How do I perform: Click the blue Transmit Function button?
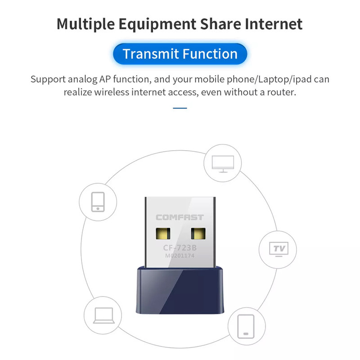pos(180,54)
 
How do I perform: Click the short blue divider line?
pos(180,108)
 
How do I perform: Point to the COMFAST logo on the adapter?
pos(180,217)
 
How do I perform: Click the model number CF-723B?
pos(180,248)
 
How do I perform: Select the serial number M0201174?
pos(180,257)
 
